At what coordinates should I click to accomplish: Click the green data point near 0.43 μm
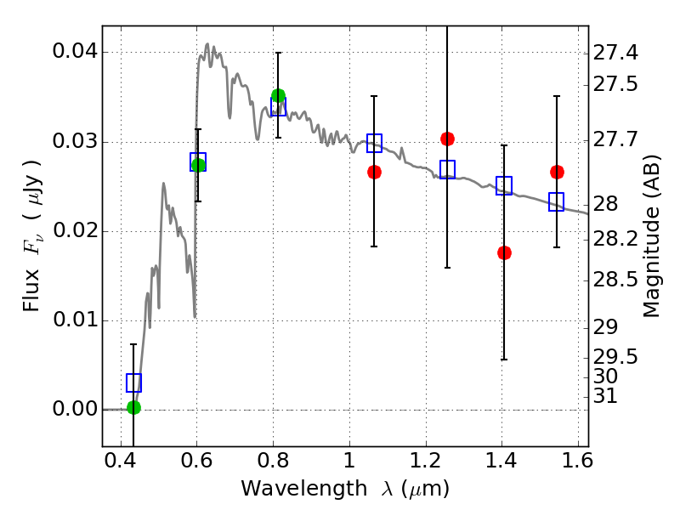point(133,407)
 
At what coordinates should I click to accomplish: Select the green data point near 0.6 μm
point(199,165)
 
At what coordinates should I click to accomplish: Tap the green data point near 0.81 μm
point(278,96)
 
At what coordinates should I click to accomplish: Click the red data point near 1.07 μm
point(374,172)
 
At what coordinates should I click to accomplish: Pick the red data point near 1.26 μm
point(448,139)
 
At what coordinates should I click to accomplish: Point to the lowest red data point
point(504,252)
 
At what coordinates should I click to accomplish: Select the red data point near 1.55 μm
point(557,172)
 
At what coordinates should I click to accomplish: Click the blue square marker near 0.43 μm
point(133,382)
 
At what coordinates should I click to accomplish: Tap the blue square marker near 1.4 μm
point(504,185)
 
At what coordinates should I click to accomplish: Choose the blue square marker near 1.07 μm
point(374,143)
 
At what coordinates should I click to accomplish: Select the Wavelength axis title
point(344,489)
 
